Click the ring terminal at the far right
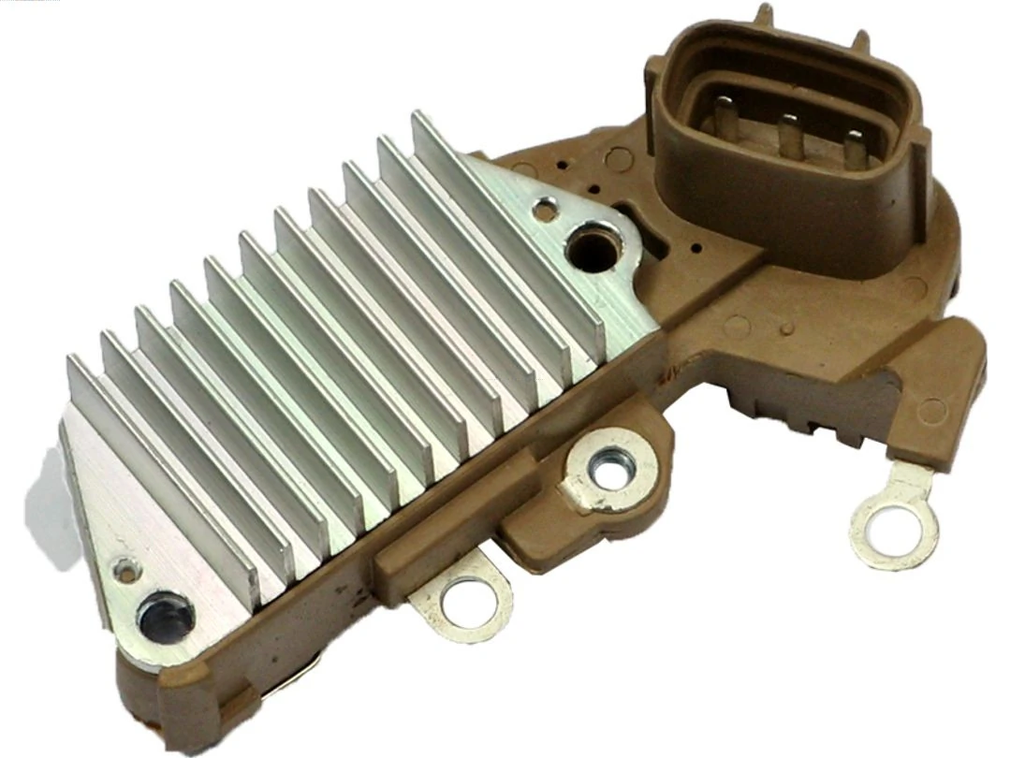(x=894, y=526)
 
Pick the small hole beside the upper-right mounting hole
(x=544, y=211)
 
